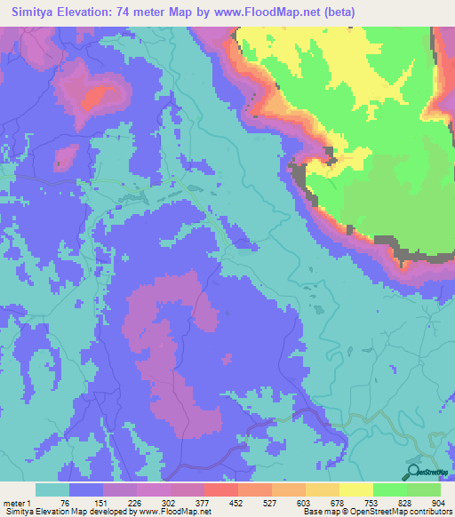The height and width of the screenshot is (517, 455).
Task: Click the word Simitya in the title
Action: [x=36, y=12]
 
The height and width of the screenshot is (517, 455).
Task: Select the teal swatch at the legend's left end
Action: [x=52, y=489]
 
